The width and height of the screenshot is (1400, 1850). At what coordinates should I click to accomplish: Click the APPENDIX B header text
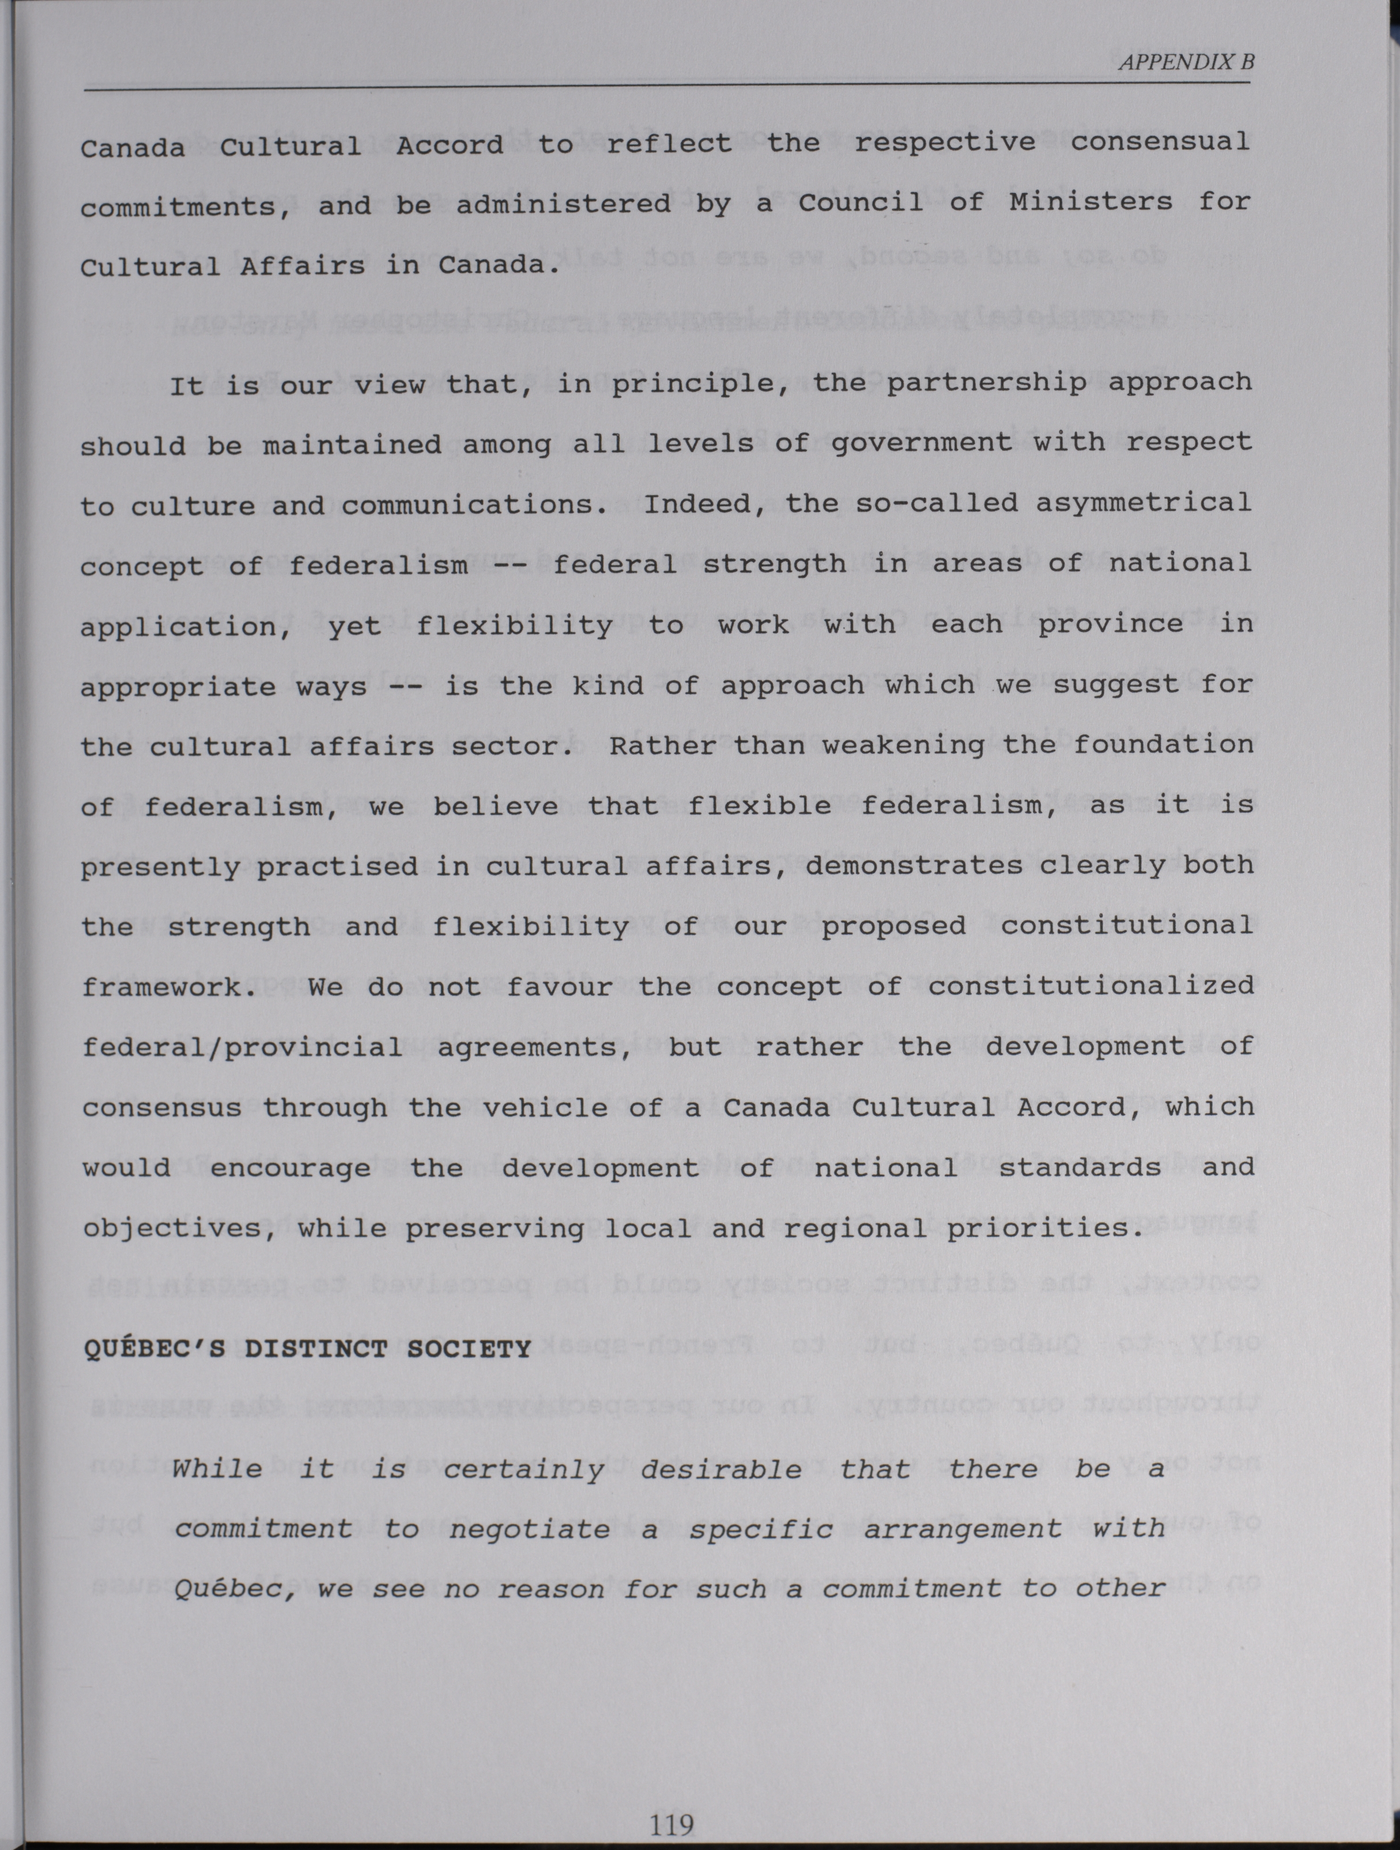[1186, 62]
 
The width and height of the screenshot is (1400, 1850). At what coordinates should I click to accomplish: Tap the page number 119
[671, 1823]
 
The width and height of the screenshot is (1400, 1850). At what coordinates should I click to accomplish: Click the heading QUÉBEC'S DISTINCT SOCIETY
[307, 1349]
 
